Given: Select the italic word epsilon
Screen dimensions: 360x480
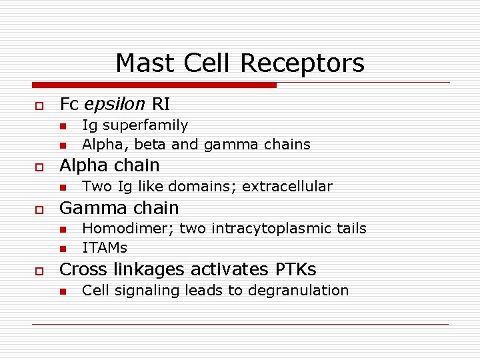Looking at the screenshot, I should (115, 104).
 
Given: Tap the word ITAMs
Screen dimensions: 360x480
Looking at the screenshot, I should (104, 248).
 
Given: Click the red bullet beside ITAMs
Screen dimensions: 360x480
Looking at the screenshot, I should (62, 249).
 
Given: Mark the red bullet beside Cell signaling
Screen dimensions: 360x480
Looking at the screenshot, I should (62, 291).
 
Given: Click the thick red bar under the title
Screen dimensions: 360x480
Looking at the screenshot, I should (154, 85).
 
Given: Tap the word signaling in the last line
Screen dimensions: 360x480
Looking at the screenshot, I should (139, 291).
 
